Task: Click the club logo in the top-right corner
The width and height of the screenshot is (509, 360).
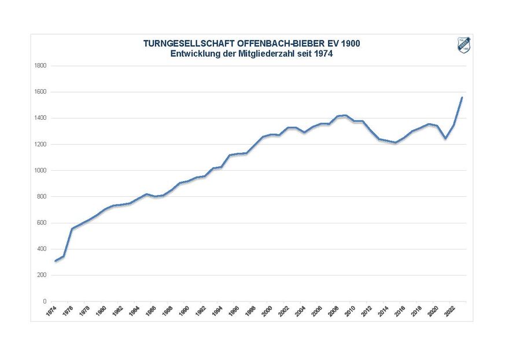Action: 464,46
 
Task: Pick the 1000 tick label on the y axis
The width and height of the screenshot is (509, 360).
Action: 40,171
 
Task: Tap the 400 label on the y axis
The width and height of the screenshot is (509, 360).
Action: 42,249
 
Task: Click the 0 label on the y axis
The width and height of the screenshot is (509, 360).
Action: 44,302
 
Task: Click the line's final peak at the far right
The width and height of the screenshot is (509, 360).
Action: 462,98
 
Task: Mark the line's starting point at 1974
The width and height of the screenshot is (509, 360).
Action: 56,261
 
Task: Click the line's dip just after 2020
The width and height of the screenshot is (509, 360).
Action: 445,138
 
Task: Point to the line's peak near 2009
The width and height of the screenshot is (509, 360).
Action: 345,115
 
